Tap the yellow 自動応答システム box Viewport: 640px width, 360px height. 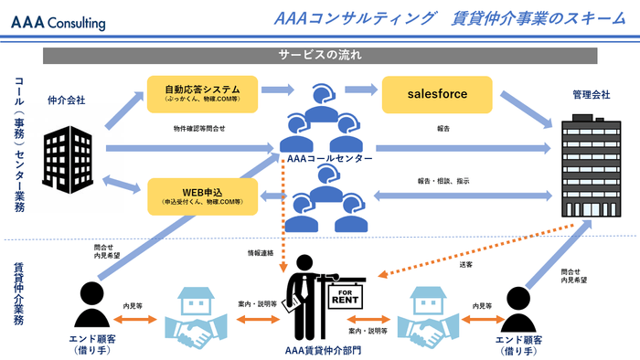tap(204, 94)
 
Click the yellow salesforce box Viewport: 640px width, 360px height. tap(437, 94)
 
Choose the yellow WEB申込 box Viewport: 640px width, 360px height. tap(204, 196)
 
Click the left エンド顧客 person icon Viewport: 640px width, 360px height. tap(90, 302)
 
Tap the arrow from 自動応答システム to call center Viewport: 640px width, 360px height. tap(278, 90)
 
